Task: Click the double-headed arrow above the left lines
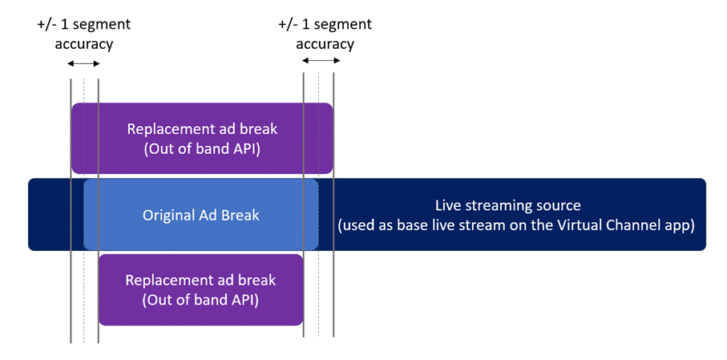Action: click(x=84, y=63)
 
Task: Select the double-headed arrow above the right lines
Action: click(x=321, y=60)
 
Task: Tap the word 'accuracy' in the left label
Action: click(x=84, y=45)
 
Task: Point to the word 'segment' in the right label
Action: click(x=343, y=24)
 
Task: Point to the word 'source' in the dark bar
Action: click(x=559, y=206)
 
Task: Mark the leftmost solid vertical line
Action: click(x=71, y=211)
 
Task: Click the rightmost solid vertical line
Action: click(x=333, y=204)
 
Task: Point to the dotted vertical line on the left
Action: click(x=84, y=211)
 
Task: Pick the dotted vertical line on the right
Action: click(x=318, y=204)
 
